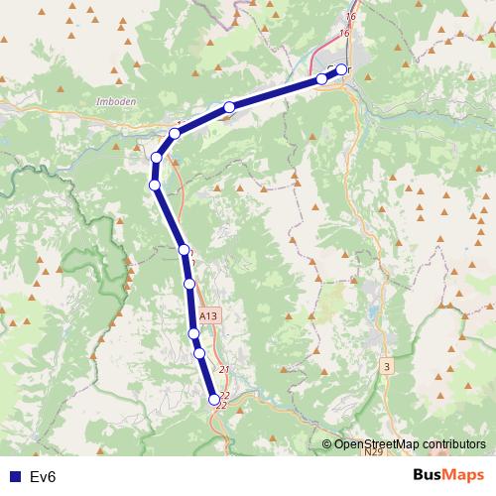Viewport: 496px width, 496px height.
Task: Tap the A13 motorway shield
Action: (207, 315)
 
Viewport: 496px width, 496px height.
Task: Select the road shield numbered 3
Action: (386, 367)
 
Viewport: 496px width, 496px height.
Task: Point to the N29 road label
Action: (371, 452)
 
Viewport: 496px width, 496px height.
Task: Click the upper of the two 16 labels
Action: (349, 17)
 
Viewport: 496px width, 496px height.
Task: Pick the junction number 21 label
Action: (224, 370)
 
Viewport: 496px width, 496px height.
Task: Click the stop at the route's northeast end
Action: (341, 69)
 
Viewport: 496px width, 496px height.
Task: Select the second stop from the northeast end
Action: (321, 78)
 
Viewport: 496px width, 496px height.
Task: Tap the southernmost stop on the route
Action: (214, 400)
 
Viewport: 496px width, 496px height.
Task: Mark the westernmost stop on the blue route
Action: (154, 185)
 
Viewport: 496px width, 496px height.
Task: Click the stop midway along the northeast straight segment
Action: (229, 107)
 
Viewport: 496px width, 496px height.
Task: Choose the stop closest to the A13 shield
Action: (194, 335)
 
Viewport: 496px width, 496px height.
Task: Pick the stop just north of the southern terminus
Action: (199, 353)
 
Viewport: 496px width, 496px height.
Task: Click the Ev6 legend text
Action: (44, 477)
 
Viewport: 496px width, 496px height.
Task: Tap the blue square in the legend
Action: (15, 477)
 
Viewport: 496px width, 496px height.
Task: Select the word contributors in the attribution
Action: (451, 443)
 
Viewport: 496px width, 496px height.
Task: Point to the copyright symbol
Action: (326, 443)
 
